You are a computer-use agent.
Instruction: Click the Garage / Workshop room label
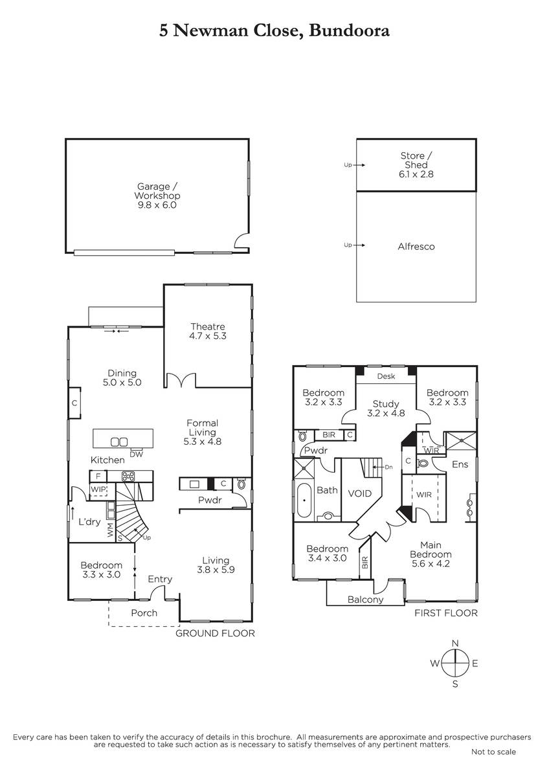click(x=157, y=191)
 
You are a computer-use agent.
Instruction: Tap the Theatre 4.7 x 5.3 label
click(x=208, y=331)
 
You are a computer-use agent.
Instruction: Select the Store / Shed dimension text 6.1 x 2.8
click(x=416, y=174)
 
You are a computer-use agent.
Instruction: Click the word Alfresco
click(x=416, y=247)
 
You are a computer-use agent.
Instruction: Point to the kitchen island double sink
click(x=119, y=442)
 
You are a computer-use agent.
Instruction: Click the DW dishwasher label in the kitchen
click(x=137, y=455)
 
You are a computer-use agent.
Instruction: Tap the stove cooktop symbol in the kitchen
click(x=128, y=477)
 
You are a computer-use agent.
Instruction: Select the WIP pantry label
click(x=98, y=490)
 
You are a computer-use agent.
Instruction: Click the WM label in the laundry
click(x=110, y=530)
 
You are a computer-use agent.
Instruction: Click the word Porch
click(x=144, y=613)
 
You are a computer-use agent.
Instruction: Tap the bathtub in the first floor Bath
click(x=304, y=500)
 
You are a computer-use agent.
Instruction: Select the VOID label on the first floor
click(x=360, y=493)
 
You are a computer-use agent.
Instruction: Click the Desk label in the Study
click(x=386, y=376)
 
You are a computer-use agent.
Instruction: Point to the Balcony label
click(x=366, y=600)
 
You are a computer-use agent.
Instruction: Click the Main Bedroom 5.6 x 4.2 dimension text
click(x=431, y=563)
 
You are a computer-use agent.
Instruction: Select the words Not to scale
click(x=493, y=751)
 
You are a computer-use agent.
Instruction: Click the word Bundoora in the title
click(x=349, y=30)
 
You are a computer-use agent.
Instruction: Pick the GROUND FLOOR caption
click(x=215, y=633)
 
